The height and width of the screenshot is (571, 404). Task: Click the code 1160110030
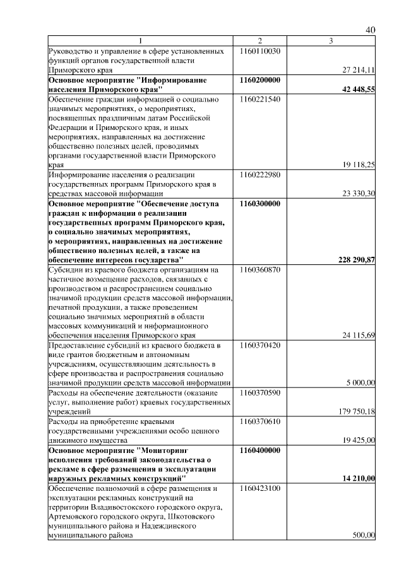260,50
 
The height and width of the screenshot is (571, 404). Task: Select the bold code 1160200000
260,81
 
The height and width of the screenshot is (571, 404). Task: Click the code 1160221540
260,100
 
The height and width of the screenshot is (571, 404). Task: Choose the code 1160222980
260,174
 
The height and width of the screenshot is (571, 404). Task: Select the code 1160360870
260,269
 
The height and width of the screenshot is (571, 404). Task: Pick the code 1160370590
260,392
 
